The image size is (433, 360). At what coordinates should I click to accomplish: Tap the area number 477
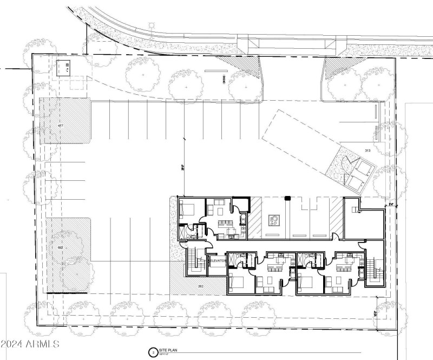coord(61,126)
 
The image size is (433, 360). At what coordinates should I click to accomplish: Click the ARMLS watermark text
coord(31,344)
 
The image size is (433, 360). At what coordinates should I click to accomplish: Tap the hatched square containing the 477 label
coord(64,120)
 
